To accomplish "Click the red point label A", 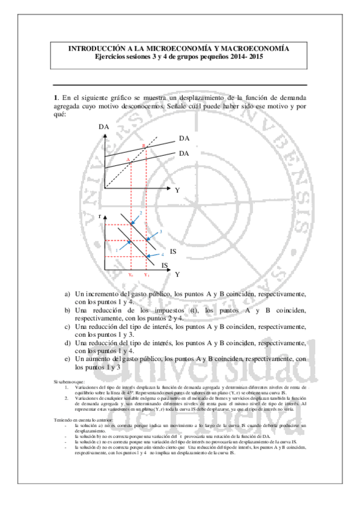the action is pyautogui.click(x=128, y=159).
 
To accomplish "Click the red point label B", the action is pyautogui.click(x=144, y=146).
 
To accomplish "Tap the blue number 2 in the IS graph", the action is pyautogui.click(x=141, y=213).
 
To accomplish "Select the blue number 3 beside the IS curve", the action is pyautogui.click(x=161, y=231).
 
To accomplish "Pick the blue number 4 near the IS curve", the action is pyautogui.click(x=162, y=253).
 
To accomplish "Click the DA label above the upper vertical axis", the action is pyautogui.click(x=104, y=127).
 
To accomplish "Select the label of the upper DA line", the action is pyautogui.click(x=184, y=138).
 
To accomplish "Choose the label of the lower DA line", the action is pyautogui.click(x=184, y=153).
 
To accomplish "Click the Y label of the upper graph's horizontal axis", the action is pyautogui.click(x=177, y=189).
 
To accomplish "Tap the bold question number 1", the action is pyautogui.click(x=55, y=97).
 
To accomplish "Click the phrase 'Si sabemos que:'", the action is pyautogui.click(x=69, y=382).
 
